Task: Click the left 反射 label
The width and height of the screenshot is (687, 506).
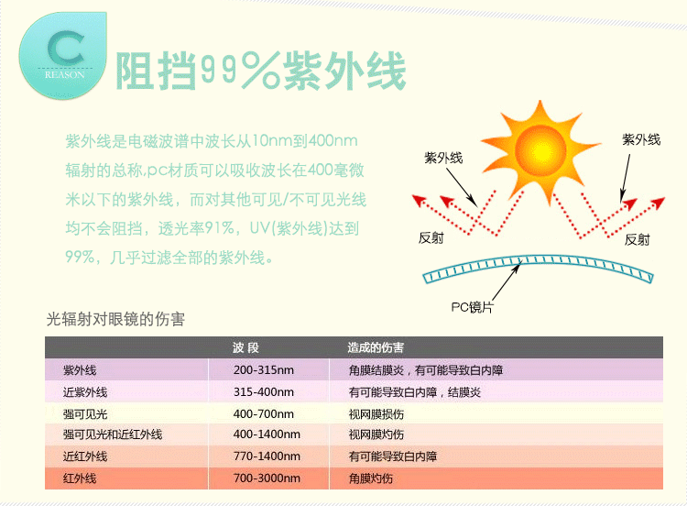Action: [431, 238]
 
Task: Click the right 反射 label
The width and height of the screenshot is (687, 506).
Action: [638, 239]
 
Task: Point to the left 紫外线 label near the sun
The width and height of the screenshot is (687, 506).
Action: [443, 158]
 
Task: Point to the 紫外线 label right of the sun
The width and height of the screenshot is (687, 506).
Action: [641, 139]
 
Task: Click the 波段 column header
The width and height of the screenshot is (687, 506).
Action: [246, 348]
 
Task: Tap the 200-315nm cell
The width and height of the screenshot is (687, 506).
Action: [264, 370]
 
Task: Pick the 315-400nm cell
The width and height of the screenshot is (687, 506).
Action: [264, 392]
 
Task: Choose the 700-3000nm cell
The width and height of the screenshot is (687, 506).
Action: [267, 478]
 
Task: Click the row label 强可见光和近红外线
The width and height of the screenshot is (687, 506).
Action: [113, 434]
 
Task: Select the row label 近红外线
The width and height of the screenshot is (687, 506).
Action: [85, 456]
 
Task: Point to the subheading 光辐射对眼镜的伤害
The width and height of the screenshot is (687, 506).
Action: [115, 320]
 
